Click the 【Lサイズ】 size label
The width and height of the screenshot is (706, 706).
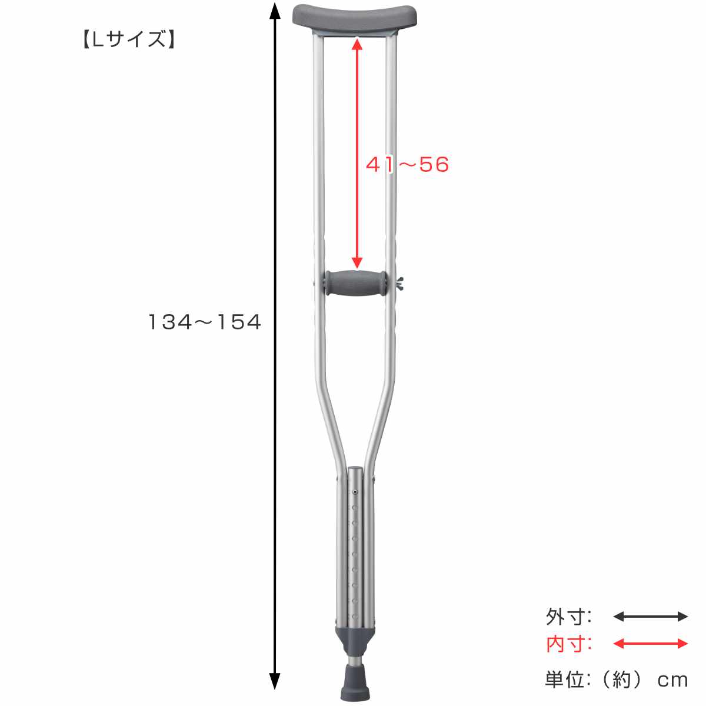pyautogui.click(x=128, y=39)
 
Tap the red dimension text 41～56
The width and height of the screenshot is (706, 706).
pyautogui.click(x=407, y=164)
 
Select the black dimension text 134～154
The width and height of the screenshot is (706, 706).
pyautogui.click(x=204, y=322)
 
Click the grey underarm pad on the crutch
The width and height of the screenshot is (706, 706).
pyautogui.click(x=355, y=17)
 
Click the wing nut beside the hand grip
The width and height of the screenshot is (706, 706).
pyautogui.click(x=400, y=283)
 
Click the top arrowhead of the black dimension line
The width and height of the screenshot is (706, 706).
pyautogui.click(x=275, y=11)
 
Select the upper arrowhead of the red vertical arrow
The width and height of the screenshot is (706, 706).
pyautogui.click(x=357, y=45)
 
